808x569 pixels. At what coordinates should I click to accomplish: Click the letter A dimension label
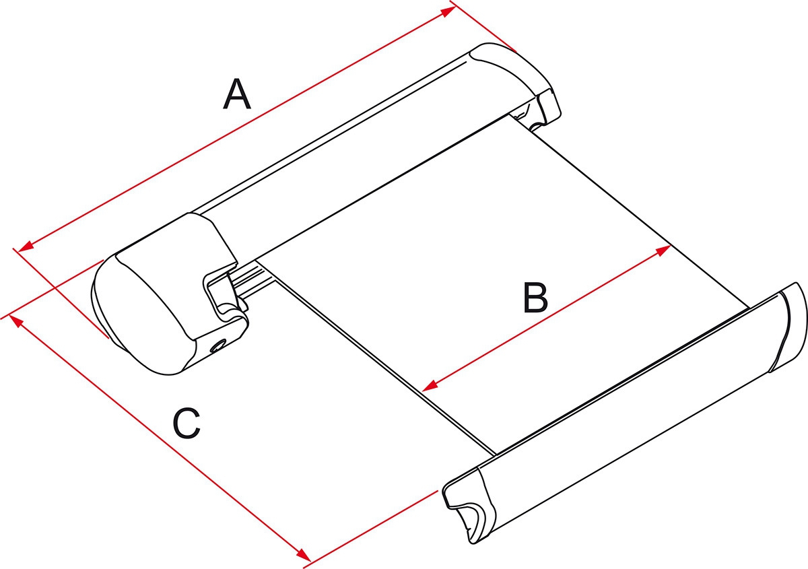click(x=236, y=94)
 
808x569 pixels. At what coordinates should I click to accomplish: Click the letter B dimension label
click(x=535, y=298)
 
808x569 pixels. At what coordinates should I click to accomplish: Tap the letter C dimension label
click(x=187, y=424)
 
